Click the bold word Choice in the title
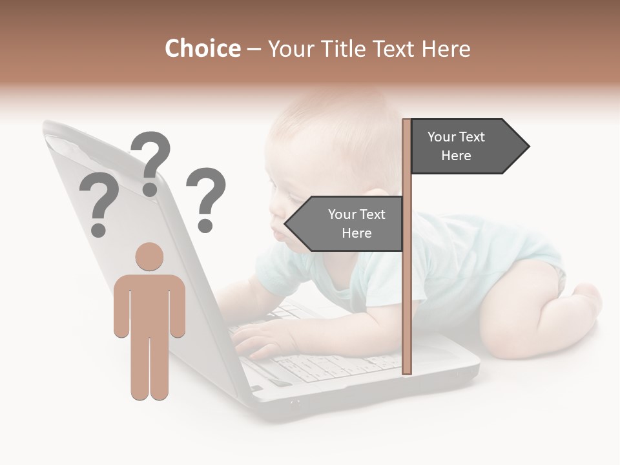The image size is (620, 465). click(x=202, y=48)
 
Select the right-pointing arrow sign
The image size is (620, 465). click(x=469, y=147)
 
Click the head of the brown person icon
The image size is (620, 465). click(x=149, y=256)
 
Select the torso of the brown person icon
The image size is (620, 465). click(x=149, y=304)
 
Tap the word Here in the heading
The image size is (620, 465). click(x=446, y=48)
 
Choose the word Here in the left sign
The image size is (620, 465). click(x=356, y=233)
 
